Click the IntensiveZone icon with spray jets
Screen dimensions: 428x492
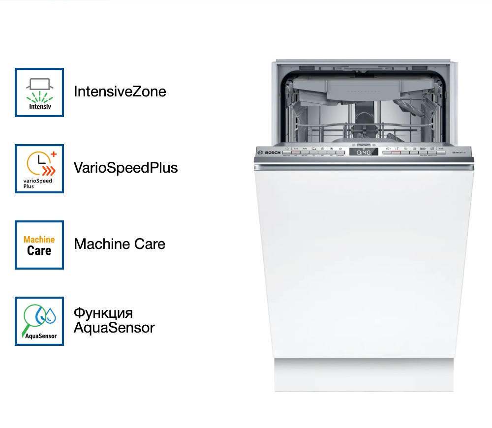point(39,92)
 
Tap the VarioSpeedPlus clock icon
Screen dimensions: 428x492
point(39,165)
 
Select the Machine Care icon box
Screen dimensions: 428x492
point(39,245)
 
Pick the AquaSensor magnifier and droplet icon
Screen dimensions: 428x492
point(39,321)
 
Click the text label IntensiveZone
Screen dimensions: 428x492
point(120,92)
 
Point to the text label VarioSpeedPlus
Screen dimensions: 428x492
point(125,168)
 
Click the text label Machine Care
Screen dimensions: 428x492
point(120,244)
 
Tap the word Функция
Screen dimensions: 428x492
point(103,313)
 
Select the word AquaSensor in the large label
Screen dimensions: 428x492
point(114,328)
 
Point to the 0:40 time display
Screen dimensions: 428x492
point(364,153)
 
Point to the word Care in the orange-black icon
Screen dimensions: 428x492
point(39,251)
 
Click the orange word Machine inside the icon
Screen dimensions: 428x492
point(39,240)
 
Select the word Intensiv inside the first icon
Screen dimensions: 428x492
point(39,106)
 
